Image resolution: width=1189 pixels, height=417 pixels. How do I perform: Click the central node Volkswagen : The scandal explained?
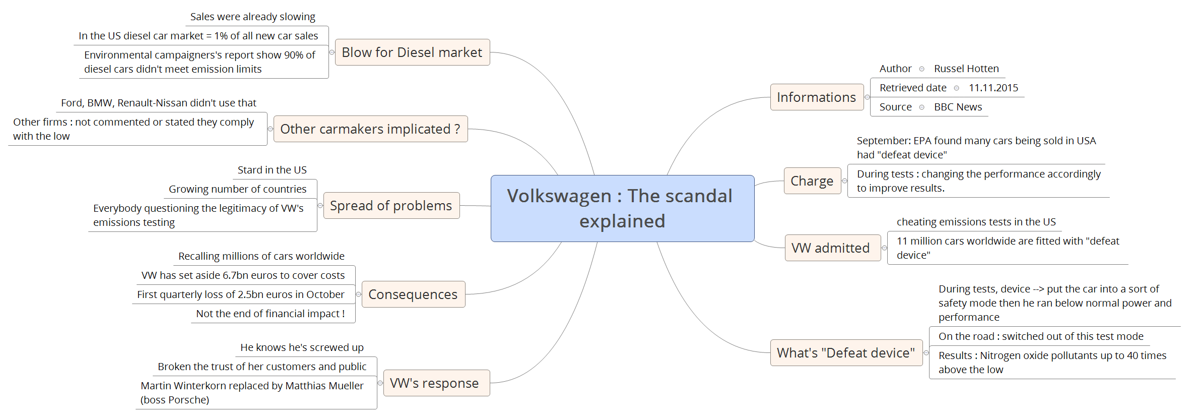coord(622,208)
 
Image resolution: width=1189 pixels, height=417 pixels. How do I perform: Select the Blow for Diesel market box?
coord(412,52)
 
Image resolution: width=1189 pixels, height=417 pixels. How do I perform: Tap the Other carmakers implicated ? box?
coord(370,129)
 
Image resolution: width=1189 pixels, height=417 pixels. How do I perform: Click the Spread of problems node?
coord(391,206)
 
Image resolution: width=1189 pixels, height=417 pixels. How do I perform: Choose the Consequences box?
coord(413,294)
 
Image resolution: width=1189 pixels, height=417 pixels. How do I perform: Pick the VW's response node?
coord(434,383)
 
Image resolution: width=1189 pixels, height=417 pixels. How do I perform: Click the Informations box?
coord(816,97)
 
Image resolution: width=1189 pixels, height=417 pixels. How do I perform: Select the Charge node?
coord(812,181)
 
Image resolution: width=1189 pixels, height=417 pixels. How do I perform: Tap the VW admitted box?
coord(830,248)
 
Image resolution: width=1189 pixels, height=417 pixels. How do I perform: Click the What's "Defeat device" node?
coord(846,353)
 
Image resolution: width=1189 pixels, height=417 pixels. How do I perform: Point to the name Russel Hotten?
coord(966,69)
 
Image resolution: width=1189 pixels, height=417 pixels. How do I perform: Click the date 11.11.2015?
coord(993,88)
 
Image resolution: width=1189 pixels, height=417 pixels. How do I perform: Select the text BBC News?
coord(958,107)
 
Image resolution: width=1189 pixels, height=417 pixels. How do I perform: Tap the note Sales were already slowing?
coord(252,17)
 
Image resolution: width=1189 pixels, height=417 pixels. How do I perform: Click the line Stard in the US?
coord(272,170)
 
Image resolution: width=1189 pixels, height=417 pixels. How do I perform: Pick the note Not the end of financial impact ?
coord(270,314)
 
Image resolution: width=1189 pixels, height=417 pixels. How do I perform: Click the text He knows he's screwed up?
coord(302,347)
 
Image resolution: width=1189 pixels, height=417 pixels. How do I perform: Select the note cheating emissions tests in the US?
coord(976,222)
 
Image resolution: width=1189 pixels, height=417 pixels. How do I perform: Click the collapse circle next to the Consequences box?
coord(359,294)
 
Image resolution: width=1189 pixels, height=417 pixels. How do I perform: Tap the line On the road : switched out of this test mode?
coord(1041,336)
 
